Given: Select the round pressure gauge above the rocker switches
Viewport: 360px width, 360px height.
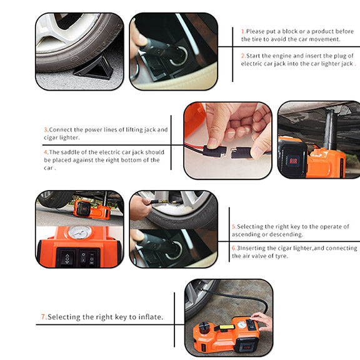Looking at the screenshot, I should pos(79,234).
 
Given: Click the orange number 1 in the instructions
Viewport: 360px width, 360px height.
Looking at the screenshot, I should pos(243,31).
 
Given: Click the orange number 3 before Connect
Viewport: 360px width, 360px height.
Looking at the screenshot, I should pos(46,129).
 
